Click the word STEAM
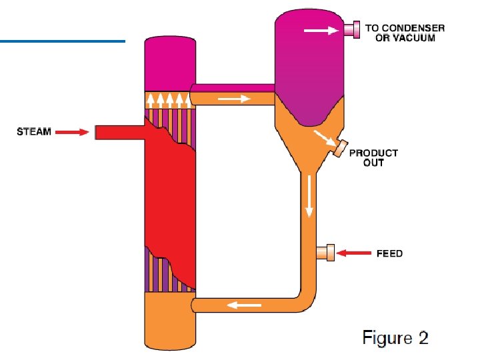(34, 132)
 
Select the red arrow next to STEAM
(72, 133)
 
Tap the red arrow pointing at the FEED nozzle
(354, 253)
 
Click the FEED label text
(389, 254)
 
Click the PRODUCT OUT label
(373, 157)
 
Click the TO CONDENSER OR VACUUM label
(405, 33)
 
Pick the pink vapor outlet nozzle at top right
(351, 29)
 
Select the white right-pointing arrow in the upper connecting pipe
(234, 99)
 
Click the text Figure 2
(395, 338)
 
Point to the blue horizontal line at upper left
(63, 42)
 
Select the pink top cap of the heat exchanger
(169, 63)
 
